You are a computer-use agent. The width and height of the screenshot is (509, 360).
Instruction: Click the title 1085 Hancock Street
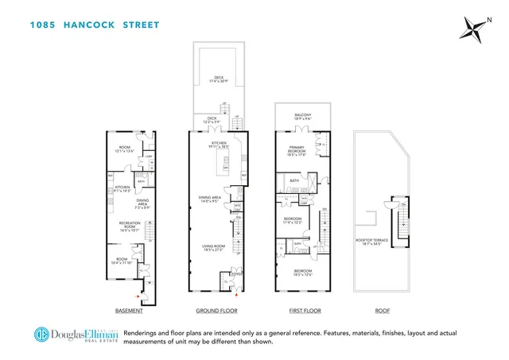pos(95,25)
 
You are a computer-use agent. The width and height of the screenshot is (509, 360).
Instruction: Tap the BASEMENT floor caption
pos(129,311)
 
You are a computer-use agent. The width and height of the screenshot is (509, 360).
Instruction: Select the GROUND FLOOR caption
pos(216,311)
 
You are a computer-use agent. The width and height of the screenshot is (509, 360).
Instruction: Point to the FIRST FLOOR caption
pos(301,311)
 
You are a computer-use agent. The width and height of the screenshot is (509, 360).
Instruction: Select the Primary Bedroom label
pos(296,153)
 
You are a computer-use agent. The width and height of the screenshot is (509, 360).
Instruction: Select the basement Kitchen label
pos(122,189)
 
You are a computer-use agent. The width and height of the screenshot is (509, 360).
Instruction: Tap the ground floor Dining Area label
pos(211,199)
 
